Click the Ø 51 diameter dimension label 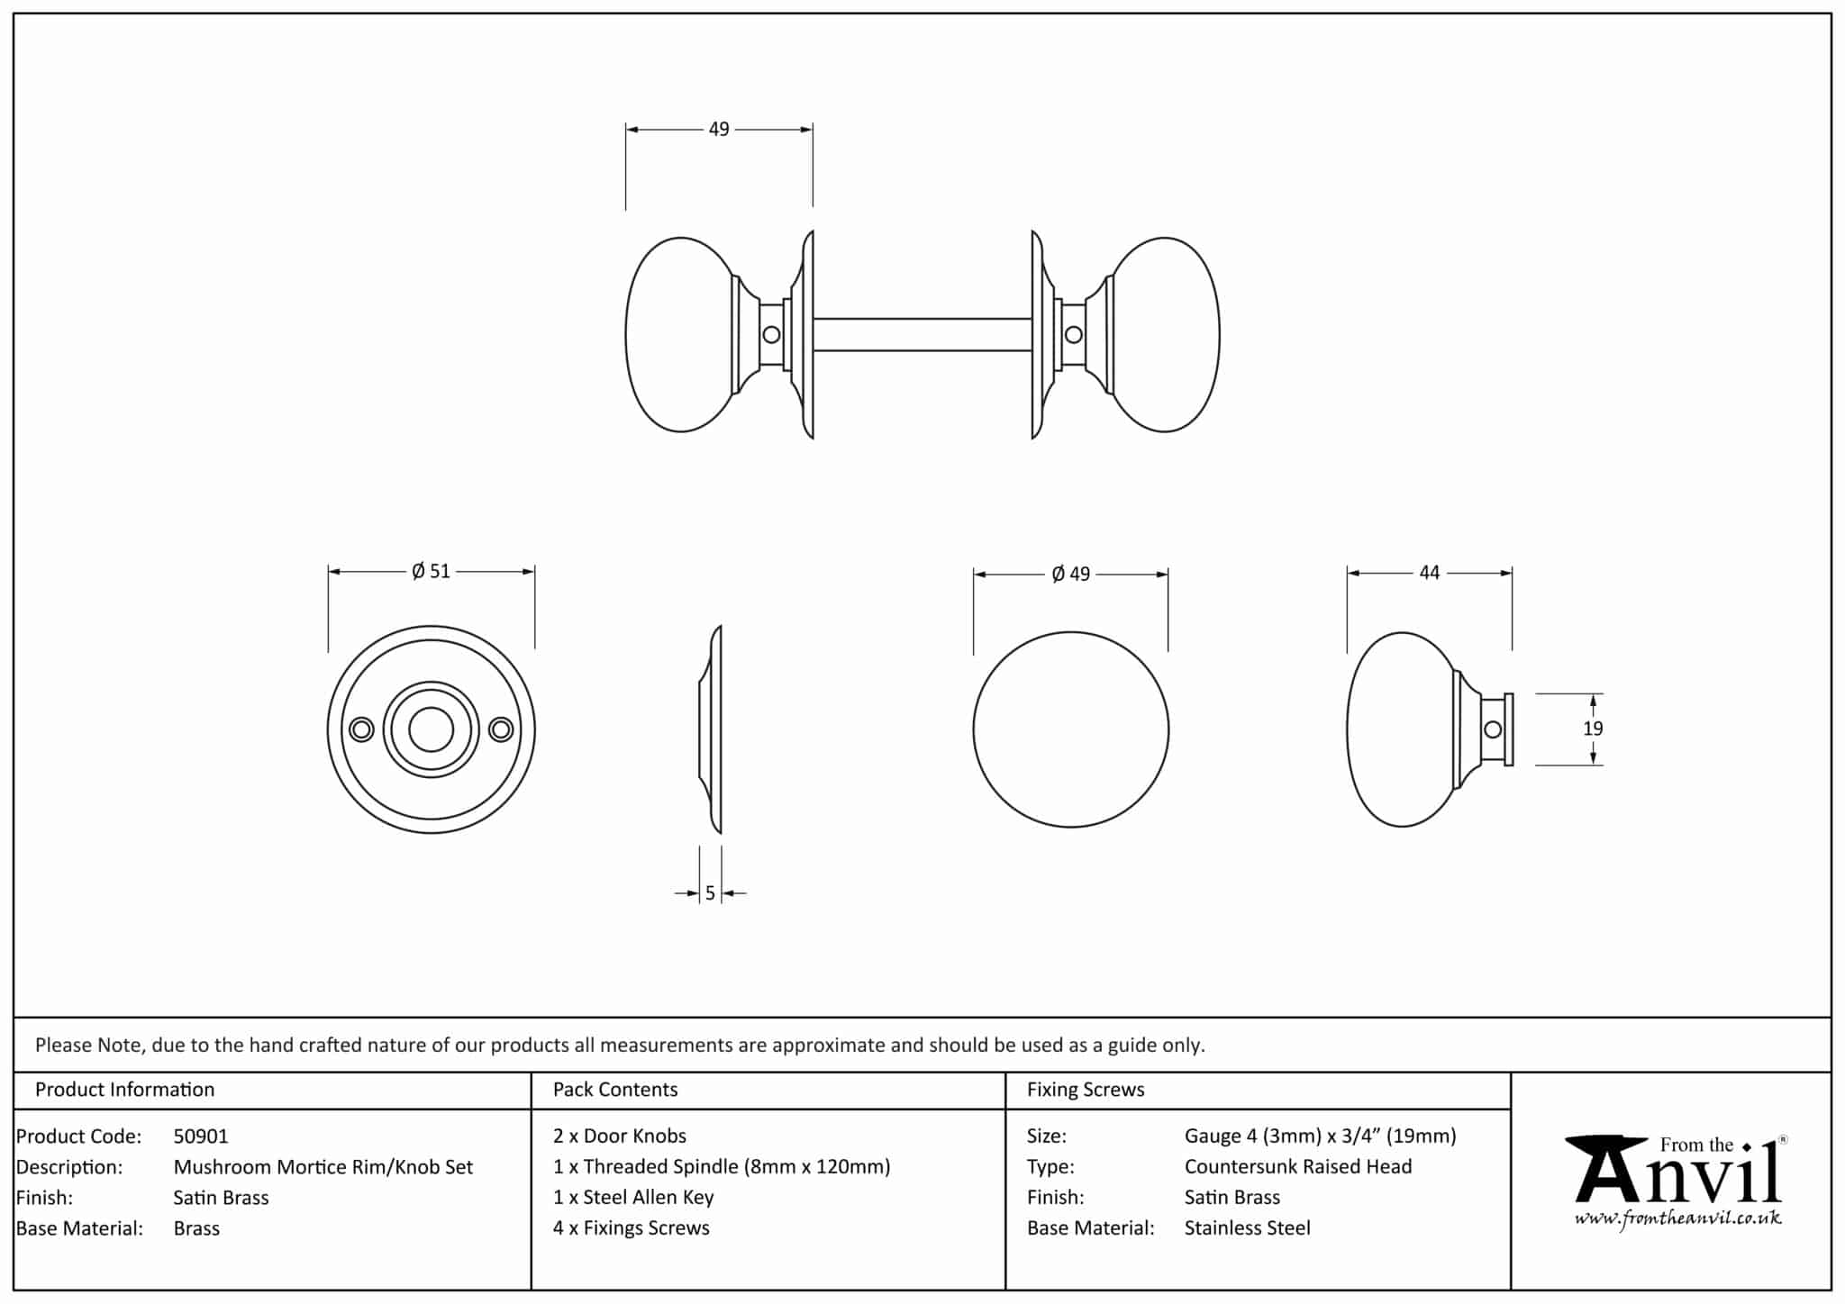[x=431, y=571]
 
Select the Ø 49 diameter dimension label [x=1070, y=574]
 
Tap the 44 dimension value [x=1429, y=572]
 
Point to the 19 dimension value [x=1593, y=729]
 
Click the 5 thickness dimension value [x=710, y=892]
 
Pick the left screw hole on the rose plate [x=361, y=729]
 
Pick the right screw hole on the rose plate [x=501, y=729]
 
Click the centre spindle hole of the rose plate [x=431, y=729]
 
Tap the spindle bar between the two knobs [x=922, y=334]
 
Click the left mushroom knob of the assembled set [x=677, y=334]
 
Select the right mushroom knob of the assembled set [x=1168, y=334]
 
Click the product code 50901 [x=201, y=1136]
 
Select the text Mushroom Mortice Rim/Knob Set [x=323, y=1167]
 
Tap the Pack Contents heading [x=615, y=1090]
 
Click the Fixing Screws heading [x=1086, y=1090]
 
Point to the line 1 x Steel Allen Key [x=633, y=1198]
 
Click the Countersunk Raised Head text [x=1297, y=1167]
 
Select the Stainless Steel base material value [x=1247, y=1228]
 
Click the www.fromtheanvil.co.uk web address [x=1677, y=1219]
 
